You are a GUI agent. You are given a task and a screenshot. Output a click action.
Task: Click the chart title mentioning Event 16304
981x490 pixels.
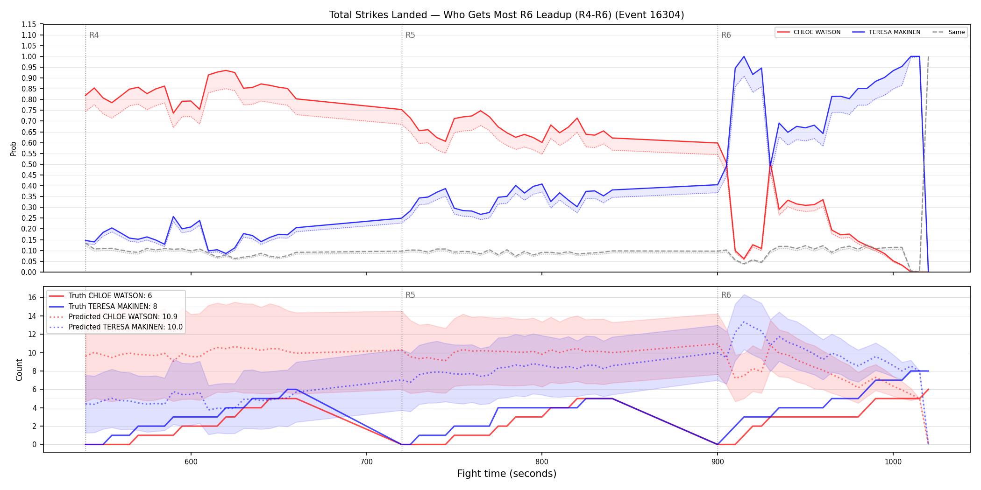click(506, 15)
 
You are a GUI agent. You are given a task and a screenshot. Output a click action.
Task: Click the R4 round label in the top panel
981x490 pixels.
click(94, 35)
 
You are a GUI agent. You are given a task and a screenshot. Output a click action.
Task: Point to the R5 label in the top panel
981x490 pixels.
click(410, 35)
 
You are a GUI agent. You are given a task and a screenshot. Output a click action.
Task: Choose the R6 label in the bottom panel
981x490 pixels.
click(726, 295)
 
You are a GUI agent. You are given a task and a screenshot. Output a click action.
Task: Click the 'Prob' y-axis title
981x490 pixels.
click(14, 148)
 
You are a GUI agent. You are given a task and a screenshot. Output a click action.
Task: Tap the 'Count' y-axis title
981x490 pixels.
click(19, 370)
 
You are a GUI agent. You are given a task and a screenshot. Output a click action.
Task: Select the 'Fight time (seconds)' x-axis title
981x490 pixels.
click(507, 474)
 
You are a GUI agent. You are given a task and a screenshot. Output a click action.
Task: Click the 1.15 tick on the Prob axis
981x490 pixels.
click(29, 24)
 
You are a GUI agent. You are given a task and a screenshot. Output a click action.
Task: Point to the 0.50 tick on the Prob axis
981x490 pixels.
click(29, 164)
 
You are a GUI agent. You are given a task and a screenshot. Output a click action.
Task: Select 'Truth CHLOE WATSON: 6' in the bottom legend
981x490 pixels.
click(110, 296)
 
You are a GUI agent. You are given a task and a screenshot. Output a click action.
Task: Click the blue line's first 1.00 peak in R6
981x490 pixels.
click(744, 56)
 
